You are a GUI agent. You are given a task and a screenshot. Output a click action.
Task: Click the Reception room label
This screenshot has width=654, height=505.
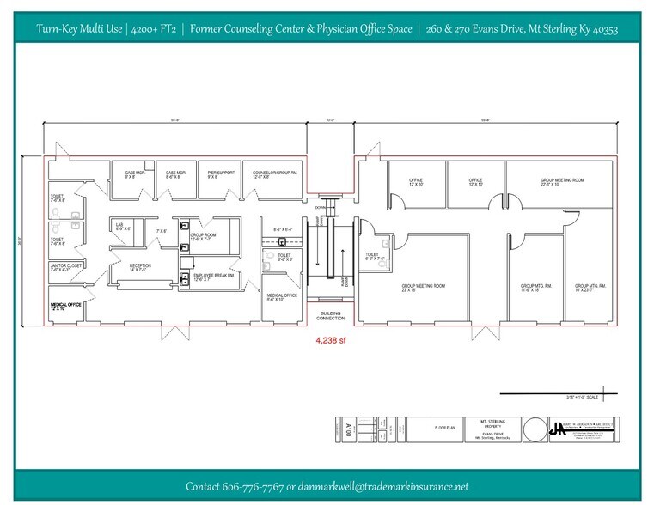tap(140, 268)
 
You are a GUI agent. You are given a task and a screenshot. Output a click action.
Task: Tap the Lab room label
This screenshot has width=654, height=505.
tap(122, 227)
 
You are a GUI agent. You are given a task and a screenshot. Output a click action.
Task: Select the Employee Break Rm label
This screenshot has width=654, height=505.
tap(214, 277)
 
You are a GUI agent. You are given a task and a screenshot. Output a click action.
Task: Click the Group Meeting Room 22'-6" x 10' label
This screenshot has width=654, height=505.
tap(562, 182)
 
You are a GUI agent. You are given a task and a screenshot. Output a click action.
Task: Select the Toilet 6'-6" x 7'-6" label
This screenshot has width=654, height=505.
tap(372, 256)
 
